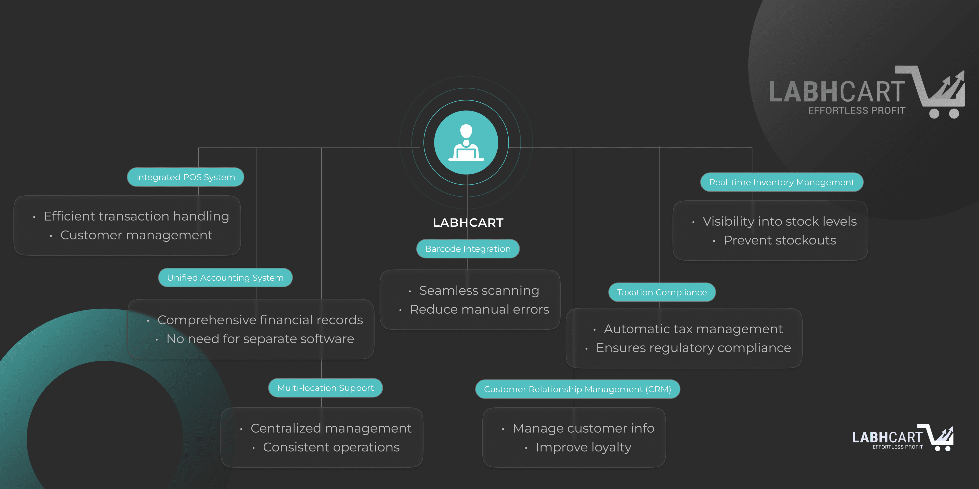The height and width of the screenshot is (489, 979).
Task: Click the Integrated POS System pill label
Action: [185, 177]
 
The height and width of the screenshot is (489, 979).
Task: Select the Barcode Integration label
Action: [468, 249]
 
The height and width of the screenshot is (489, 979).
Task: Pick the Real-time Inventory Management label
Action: [781, 182]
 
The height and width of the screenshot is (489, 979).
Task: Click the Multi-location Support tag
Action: [325, 388]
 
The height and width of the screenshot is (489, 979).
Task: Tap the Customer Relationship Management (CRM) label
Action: [577, 389]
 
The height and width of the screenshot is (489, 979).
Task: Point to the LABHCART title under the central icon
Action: [468, 223]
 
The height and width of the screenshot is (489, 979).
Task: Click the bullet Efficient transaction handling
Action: [136, 216]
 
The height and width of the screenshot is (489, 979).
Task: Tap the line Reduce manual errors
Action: [479, 309]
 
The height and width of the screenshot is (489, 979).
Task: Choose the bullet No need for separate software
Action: [260, 339]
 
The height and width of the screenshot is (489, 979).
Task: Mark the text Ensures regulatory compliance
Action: [693, 348]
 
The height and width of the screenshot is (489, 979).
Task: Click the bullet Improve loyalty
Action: [583, 447]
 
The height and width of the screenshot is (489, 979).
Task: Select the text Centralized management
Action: [331, 428]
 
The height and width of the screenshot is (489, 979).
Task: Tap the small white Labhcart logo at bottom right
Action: [903, 438]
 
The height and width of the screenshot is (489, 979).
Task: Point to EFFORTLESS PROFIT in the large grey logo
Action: [857, 111]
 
